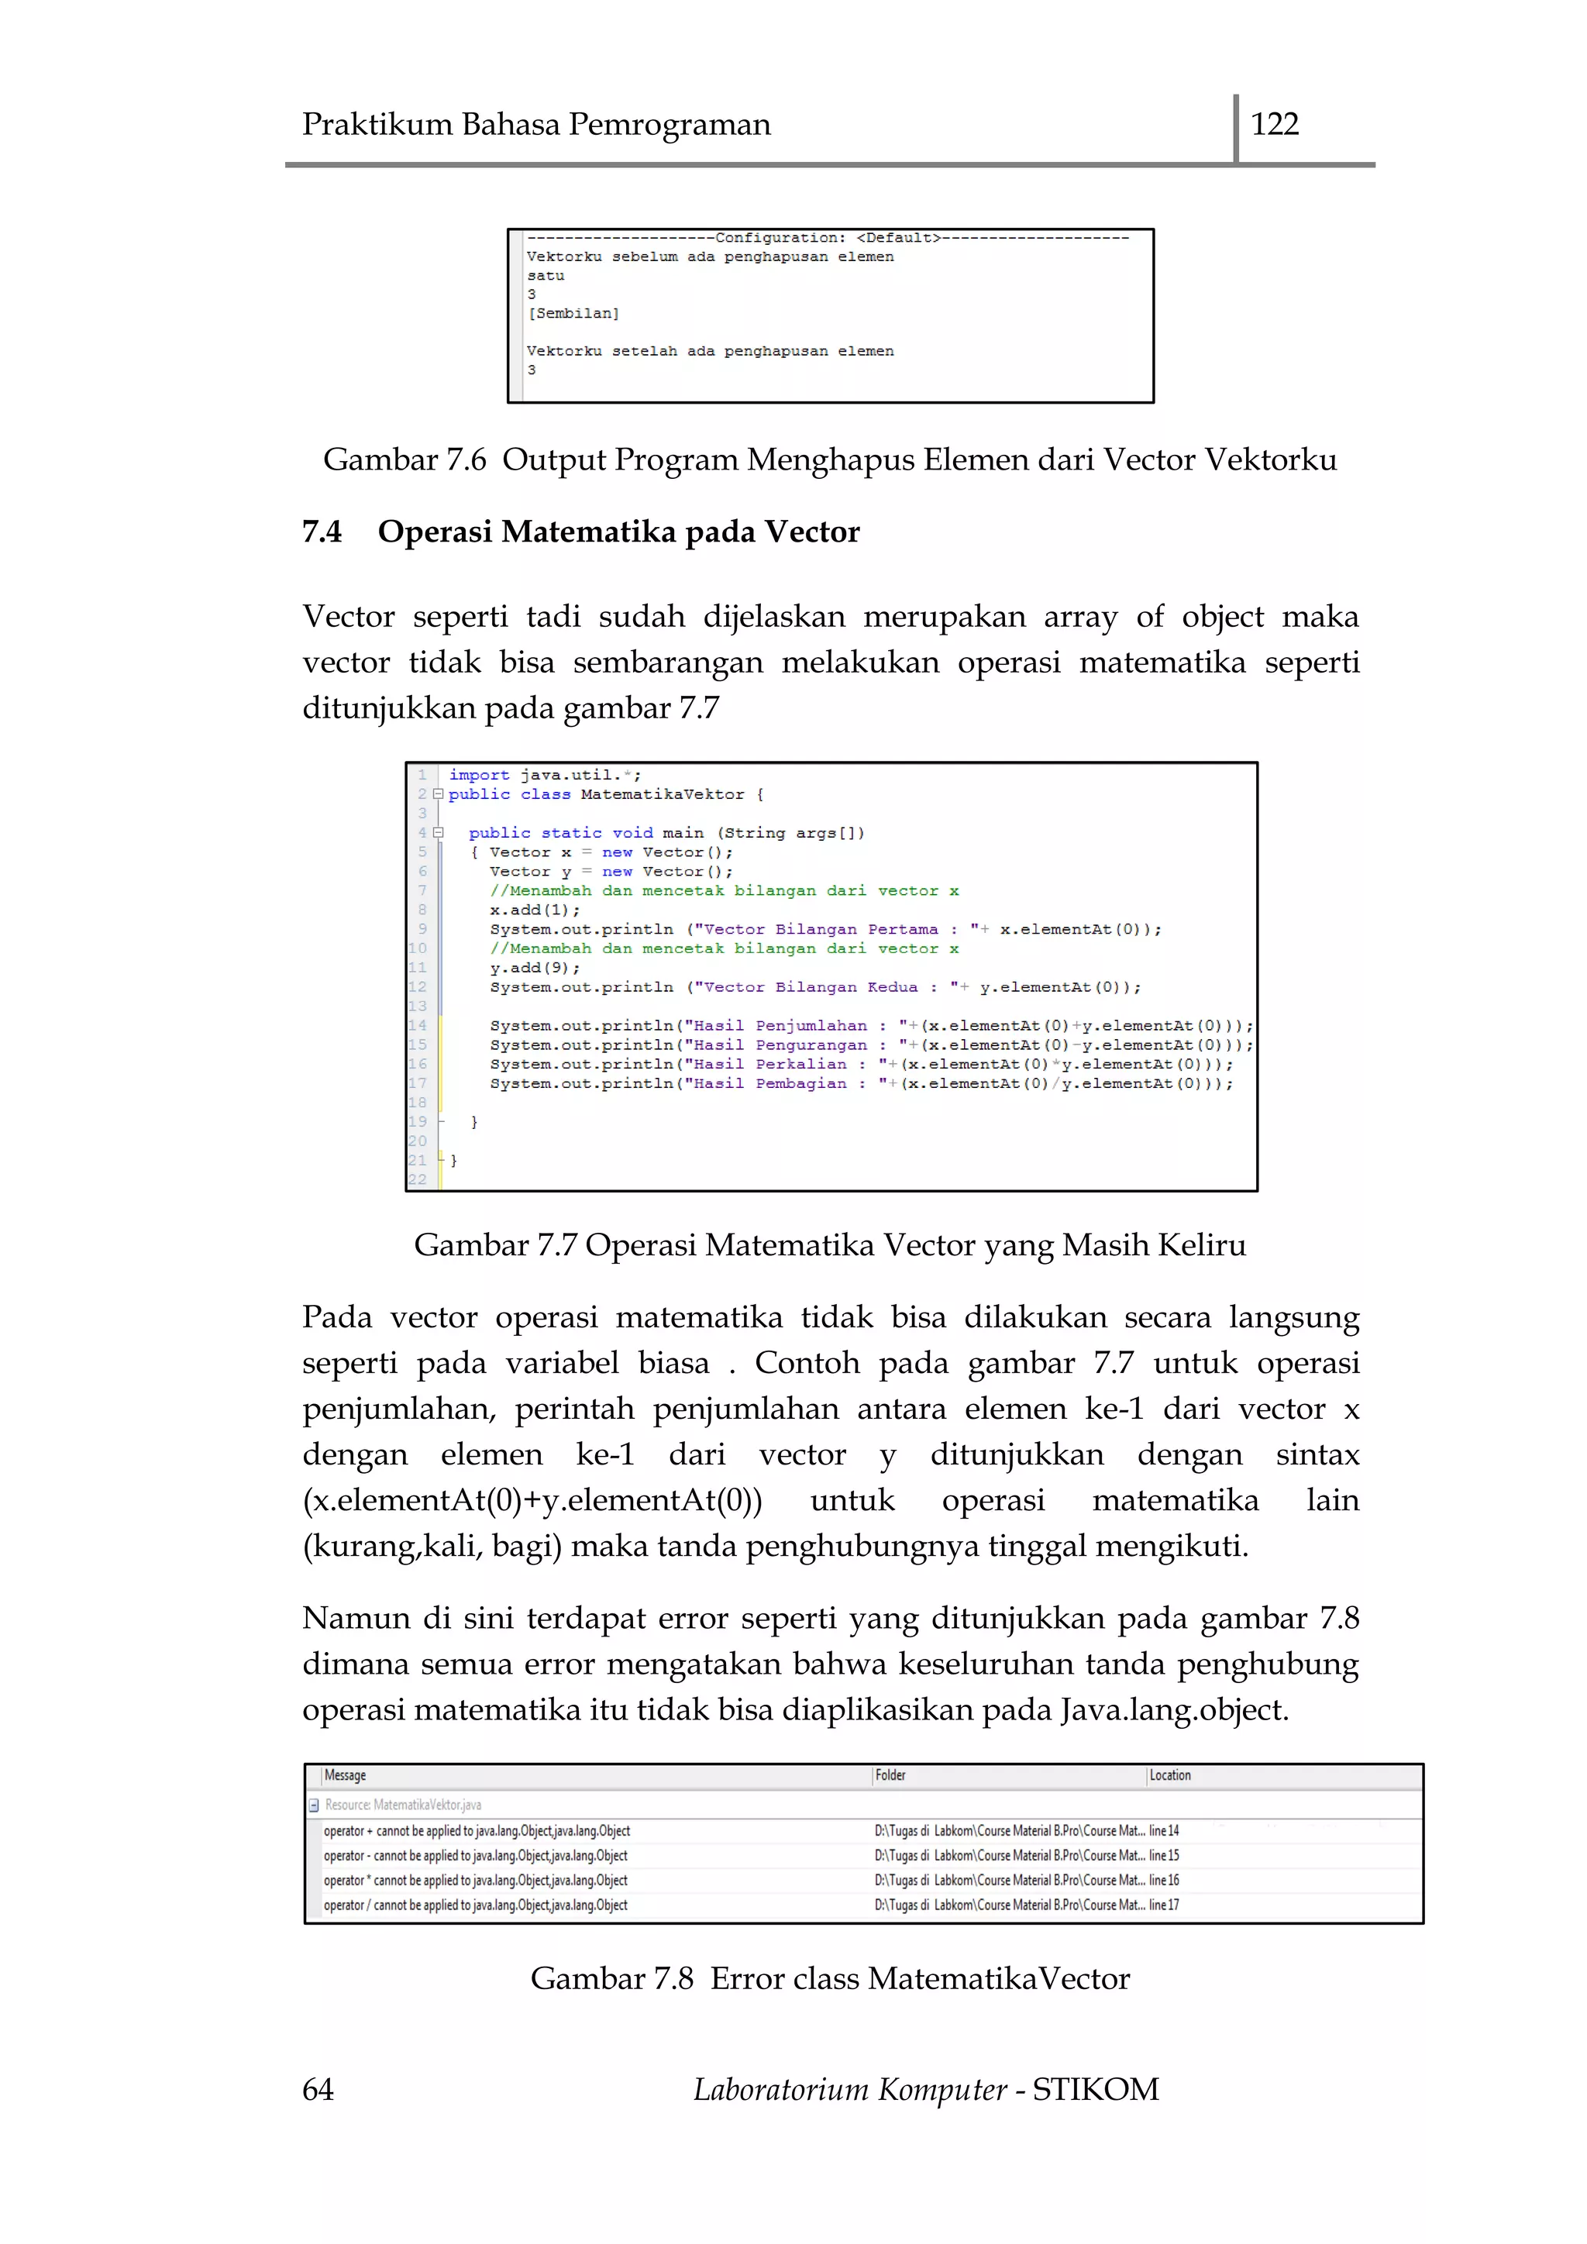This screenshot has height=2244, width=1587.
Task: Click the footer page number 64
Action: (318, 2088)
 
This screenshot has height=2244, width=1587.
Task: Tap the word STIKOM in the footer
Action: (1096, 2088)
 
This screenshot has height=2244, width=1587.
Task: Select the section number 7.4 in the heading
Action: (322, 532)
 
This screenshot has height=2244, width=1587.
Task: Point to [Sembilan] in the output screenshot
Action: (573, 314)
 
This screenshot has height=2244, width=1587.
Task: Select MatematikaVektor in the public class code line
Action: (662, 794)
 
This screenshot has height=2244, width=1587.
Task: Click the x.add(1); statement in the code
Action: (535, 910)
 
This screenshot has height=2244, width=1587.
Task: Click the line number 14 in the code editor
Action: (417, 1025)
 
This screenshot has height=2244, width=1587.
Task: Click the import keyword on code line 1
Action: (479, 775)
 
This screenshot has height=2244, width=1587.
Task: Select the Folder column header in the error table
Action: (890, 1775)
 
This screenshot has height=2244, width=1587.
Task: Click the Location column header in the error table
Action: (1170, 1775)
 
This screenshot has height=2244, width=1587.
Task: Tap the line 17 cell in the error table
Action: (1164, 1904)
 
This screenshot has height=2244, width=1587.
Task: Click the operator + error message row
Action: (477, 1830)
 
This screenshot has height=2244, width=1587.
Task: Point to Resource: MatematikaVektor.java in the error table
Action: (403, 1804)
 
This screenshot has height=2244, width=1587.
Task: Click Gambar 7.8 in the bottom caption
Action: (611, 1978)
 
